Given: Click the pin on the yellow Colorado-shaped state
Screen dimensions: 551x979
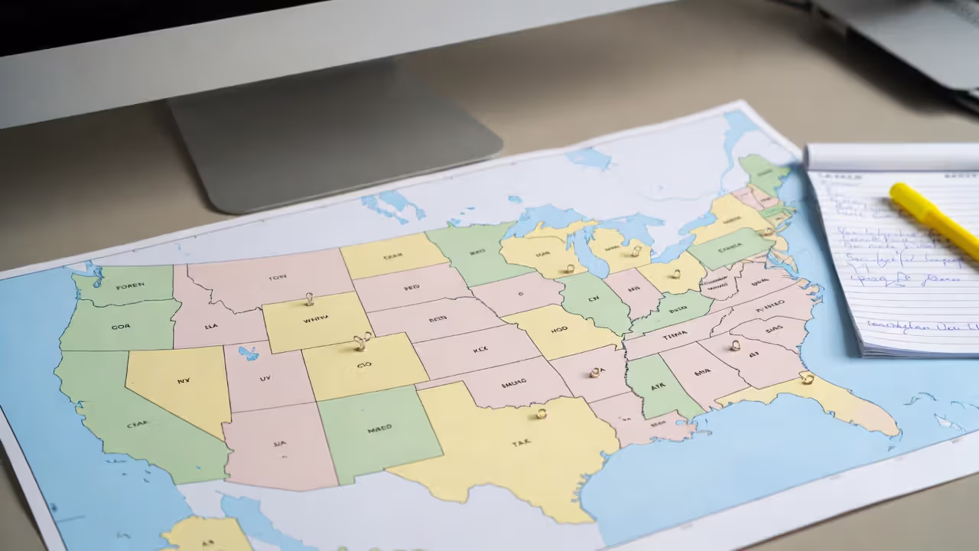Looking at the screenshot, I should click(361, 341).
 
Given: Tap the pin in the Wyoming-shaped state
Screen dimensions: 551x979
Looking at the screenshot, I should click(310, 298).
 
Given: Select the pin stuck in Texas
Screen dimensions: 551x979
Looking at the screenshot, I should click(541, 414).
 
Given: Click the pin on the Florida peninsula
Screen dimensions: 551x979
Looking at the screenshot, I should click(806, 378).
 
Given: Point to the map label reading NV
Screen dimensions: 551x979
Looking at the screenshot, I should click(184, 380).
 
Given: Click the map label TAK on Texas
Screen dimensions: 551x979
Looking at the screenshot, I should click(522, 443).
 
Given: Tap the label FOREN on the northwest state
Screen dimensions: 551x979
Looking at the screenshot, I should click(130, 287).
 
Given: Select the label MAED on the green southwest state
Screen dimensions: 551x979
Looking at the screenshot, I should click(379, 430).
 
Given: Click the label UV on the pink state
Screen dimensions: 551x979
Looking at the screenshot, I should click(265, 377).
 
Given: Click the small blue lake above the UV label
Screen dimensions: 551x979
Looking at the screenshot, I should click(249, 353).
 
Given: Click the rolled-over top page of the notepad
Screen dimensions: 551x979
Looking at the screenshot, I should click(891, 158).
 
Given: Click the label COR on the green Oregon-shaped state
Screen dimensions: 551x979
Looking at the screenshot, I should click(120, 326).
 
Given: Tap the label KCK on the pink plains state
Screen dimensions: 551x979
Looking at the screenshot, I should click(480, 349).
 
